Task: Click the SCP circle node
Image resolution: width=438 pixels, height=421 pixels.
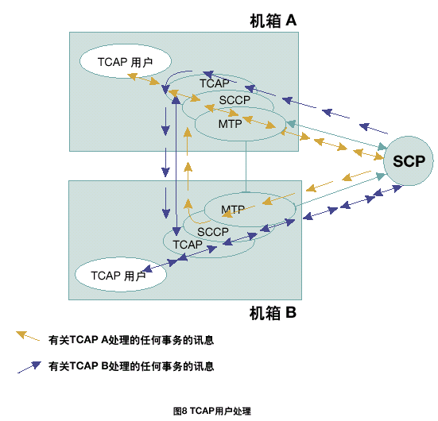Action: point(409,160)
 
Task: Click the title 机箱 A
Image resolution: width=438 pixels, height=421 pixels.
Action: point(273,21)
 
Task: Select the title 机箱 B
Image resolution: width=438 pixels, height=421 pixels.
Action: point(273,313)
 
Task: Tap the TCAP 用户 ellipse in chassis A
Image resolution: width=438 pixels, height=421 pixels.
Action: point(126,61)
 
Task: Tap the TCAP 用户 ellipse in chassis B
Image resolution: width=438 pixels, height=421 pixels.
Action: point(121,275)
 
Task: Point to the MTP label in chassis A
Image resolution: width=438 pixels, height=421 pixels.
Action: point(231,124)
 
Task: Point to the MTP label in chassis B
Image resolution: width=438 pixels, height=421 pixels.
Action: point(233,209)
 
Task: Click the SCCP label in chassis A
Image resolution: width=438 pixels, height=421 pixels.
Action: point(235,100)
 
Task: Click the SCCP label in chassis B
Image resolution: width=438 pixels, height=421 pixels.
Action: point(213,232)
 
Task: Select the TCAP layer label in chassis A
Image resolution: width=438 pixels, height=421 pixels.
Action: point(215,83)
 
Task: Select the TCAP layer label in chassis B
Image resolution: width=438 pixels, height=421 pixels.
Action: point(188,245)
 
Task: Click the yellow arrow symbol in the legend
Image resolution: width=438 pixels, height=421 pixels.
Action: point(28,336)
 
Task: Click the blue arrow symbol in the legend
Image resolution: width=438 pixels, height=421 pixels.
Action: point(29,367)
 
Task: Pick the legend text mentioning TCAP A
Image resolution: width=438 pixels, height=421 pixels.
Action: point(131,340)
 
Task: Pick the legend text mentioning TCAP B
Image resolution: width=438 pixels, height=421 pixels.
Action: point(131,366)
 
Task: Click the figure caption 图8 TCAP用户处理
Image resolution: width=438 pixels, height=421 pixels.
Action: point(212,411)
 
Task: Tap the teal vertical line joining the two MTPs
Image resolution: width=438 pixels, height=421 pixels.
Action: point(246,167)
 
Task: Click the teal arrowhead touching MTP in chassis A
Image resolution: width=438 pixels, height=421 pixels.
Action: point(291,124)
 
